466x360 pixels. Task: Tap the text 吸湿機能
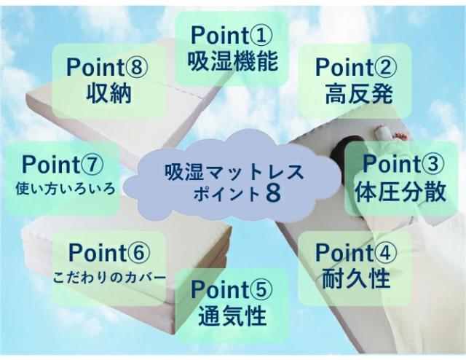click(x=233, y=61)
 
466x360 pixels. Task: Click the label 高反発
click(x=359, y=93)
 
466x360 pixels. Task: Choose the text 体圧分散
click(x=401, y=192)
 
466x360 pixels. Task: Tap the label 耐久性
click(x=356, y=278)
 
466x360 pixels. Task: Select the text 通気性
click(x=233, y=316)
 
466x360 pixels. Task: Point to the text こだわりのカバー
click(x=109, y=278)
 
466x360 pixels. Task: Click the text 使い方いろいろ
click(x=65, y=189)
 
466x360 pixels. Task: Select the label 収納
click(x=109, y=93)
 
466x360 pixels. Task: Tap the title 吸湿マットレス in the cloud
click(x=234, y=172)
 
